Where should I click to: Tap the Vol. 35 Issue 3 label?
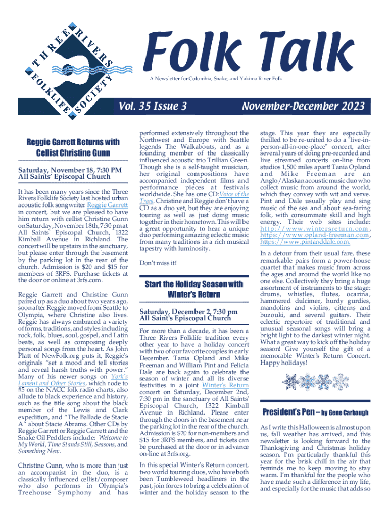pyautogui.click(x=153, y=106)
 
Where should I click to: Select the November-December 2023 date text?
pyautogui.click(x=303, y=106)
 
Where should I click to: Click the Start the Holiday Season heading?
pyautogui.click(x=194, y=289)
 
